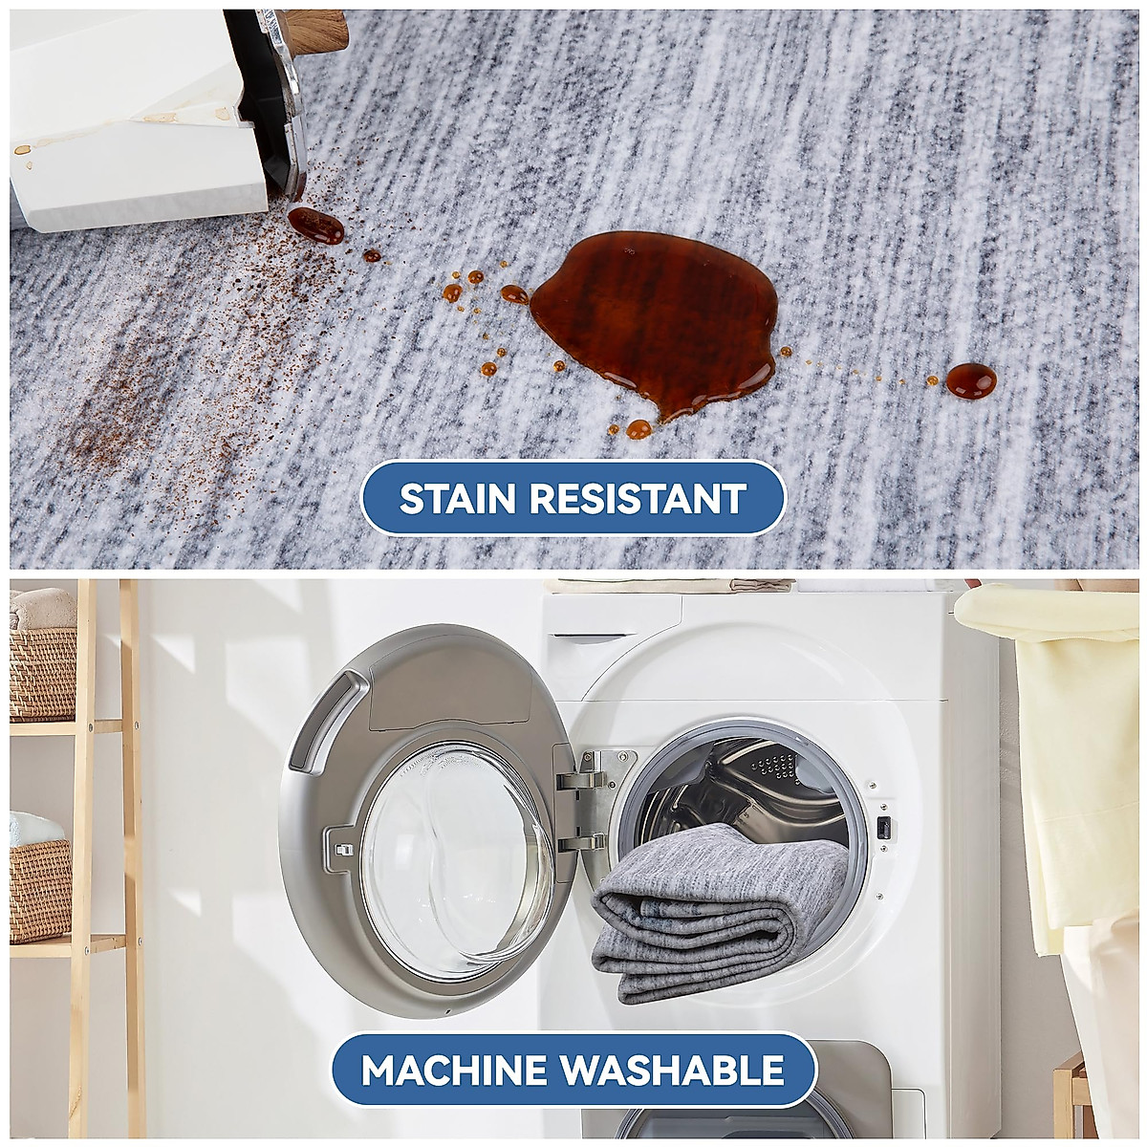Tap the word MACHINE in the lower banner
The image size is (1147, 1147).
click(463, 1070)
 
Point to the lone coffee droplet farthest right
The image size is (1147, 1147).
click(970, 379)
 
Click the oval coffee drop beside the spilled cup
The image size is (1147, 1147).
click(315, 224)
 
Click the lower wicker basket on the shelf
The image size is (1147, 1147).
click(40, 889)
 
